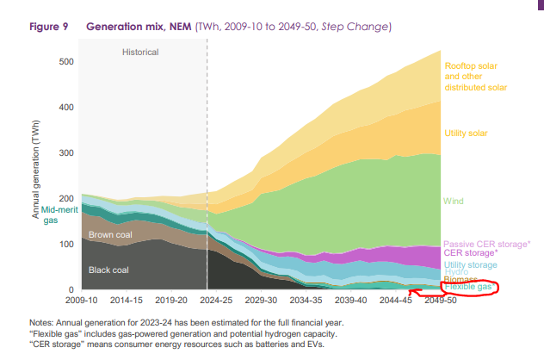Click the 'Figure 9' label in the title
click(50, 28)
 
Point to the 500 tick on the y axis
click(65, 62)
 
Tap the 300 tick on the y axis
click(65, 153)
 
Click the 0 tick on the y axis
click(72, 290)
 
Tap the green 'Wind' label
click(453, 201)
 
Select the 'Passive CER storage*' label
click(486, 245)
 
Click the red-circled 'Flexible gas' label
click(468, 287)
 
